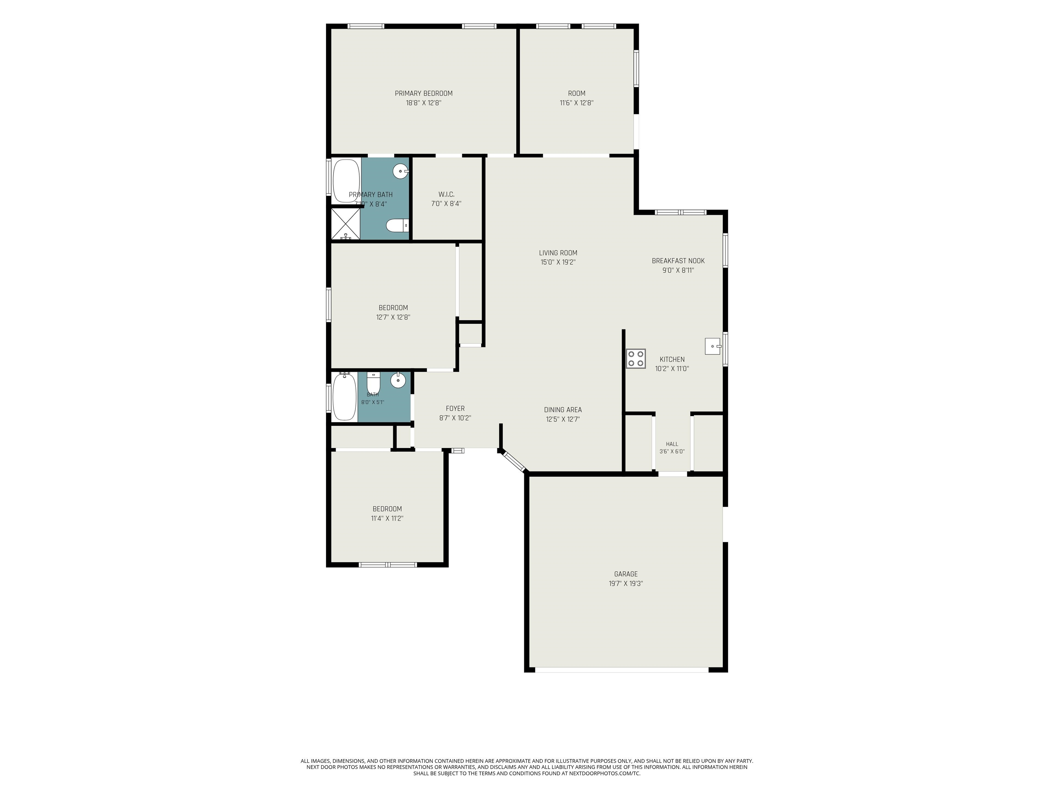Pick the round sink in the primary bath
pos(401,171)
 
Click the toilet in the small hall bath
pos(373,383)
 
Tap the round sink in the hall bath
pos(398,380)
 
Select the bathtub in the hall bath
pos(344,397)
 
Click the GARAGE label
pos(625,574)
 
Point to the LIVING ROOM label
pos(558,253)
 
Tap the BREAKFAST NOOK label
pos(678,261)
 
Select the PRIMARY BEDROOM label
pos(424,93)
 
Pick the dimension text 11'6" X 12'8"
pos(576,103)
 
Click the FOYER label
pos(455,409)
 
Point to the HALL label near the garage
pos(672,444)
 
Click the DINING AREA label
pos(563,410)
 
